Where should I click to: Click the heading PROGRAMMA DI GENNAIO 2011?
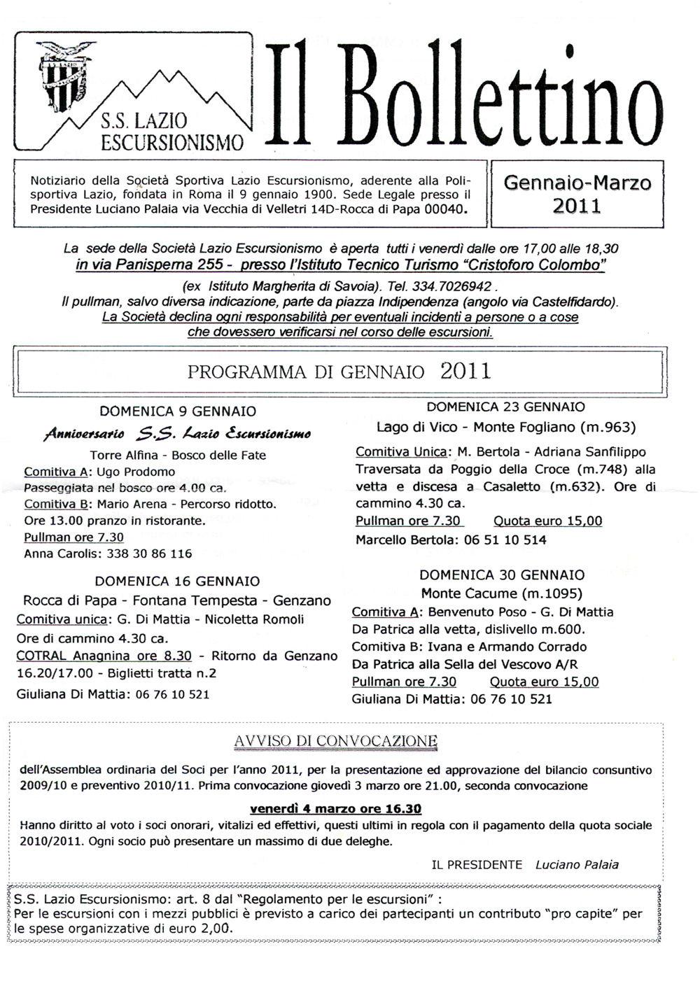pyautogui.click(x=339, y=371)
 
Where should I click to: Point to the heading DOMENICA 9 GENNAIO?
pyautogui.click(x=178, y=411)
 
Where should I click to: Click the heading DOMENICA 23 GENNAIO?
pyautogui.click(x=505, y=407)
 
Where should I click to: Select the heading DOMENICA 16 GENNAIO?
pyautogui.click(x=177, y=581)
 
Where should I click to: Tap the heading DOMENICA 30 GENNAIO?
pyautogui.click(x=502, y=575)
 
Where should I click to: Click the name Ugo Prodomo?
pyautogui.click(x=136, y=472)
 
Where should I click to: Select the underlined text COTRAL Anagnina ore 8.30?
pyautogui.click(x=104, y=656)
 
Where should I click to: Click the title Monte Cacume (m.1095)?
pyautogui.click(x=502, y=593)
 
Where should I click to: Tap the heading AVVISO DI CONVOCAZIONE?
pyautogui.click(x=336, y=741)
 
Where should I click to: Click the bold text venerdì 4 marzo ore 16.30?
pyautogui.click(x=335, y=809)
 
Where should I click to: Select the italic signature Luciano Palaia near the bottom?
pyautogui.click(x=577, y=864)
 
